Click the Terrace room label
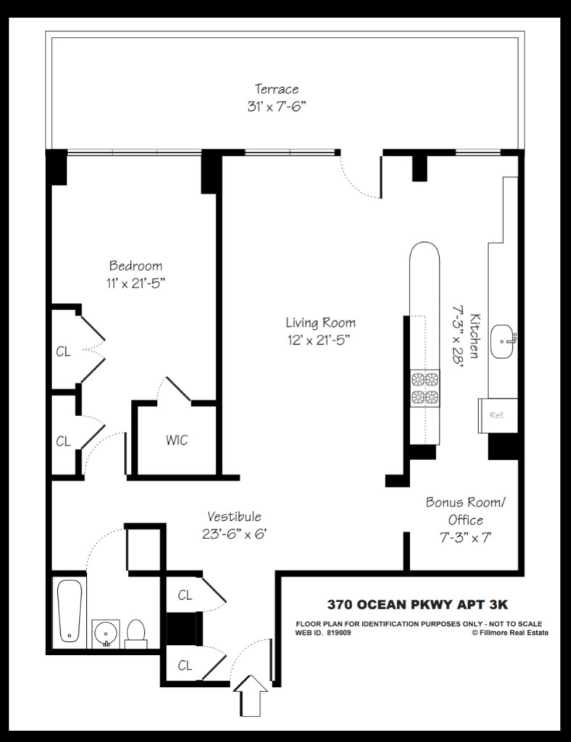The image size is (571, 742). (x=277, y=88)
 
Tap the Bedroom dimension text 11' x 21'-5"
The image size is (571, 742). (x=136, y=283)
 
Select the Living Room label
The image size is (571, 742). (x=320, y=322)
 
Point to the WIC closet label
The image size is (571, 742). (x=177, y=440)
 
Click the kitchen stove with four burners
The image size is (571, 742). (x=425, y=388)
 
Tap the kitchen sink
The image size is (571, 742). (x=503, y=341)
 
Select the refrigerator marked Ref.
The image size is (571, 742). (x=498, y=415)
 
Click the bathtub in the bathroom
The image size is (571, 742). (x=69, y=611)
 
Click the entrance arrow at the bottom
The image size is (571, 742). (x=250, y=696)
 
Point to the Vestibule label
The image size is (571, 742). (x=234, y=516)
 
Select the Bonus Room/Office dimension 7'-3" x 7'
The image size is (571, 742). (x=465, y=538)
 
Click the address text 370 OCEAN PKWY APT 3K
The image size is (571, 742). (x=417, y=604)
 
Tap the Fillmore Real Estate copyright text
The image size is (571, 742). (x=510, y=633)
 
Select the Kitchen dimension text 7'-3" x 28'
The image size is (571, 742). (x=457, y=335)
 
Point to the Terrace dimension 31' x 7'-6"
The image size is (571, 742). (x=277, y=107)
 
